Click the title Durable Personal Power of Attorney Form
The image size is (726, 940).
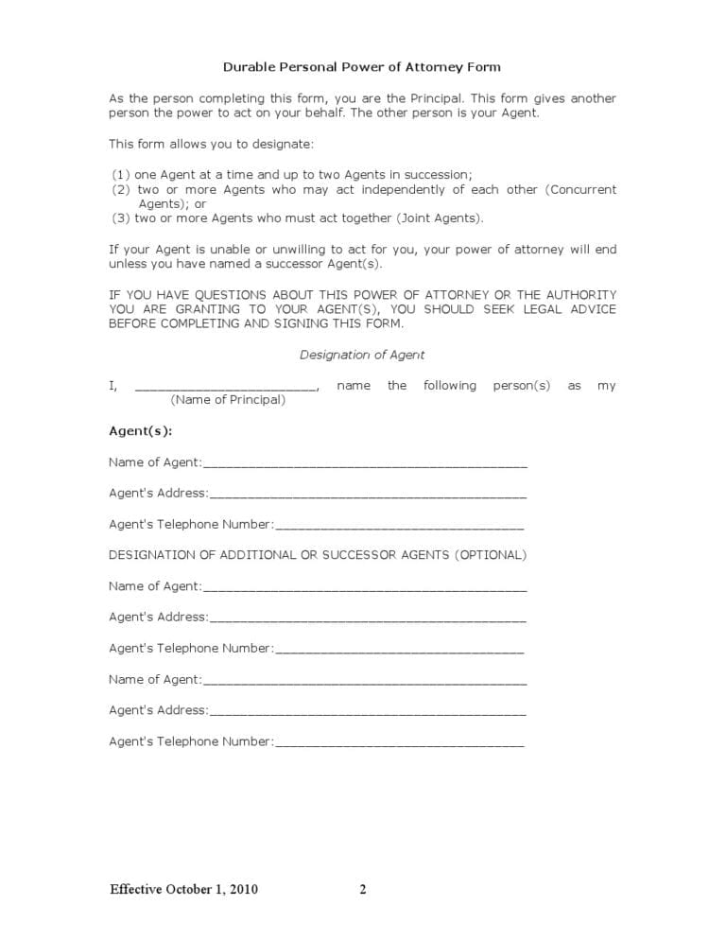tap(362, 67)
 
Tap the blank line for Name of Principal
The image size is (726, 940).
tap(227, 388)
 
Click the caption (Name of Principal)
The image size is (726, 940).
tap(228, 400)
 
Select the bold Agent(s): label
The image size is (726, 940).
tap(141, 431)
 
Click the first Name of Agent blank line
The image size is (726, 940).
tap(365, 465)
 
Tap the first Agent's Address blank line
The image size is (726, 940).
tap(368, 496)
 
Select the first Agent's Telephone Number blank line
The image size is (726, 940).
tap(399, 527)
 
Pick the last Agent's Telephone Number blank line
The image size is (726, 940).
tap(399, 744)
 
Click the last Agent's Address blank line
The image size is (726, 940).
tap(368, 713)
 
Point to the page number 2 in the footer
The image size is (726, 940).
tap(363, 889)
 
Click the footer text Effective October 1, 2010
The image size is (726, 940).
tap(183, 889)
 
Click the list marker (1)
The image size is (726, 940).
tap(121, 175)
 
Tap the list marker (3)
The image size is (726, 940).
tap(121, 218)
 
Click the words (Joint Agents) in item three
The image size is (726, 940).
tap(440, 218)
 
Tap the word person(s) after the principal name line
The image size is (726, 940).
tap(521, 386)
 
